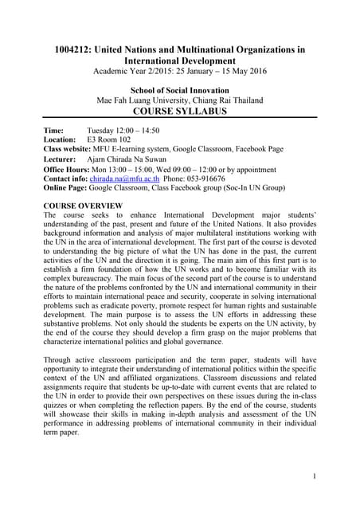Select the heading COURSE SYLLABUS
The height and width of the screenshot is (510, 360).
(x=179, y=112)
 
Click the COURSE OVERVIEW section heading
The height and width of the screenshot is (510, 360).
(x=82, y=205)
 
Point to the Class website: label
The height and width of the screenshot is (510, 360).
(x=69, y=149)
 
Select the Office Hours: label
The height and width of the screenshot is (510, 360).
(x=68, y=171)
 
